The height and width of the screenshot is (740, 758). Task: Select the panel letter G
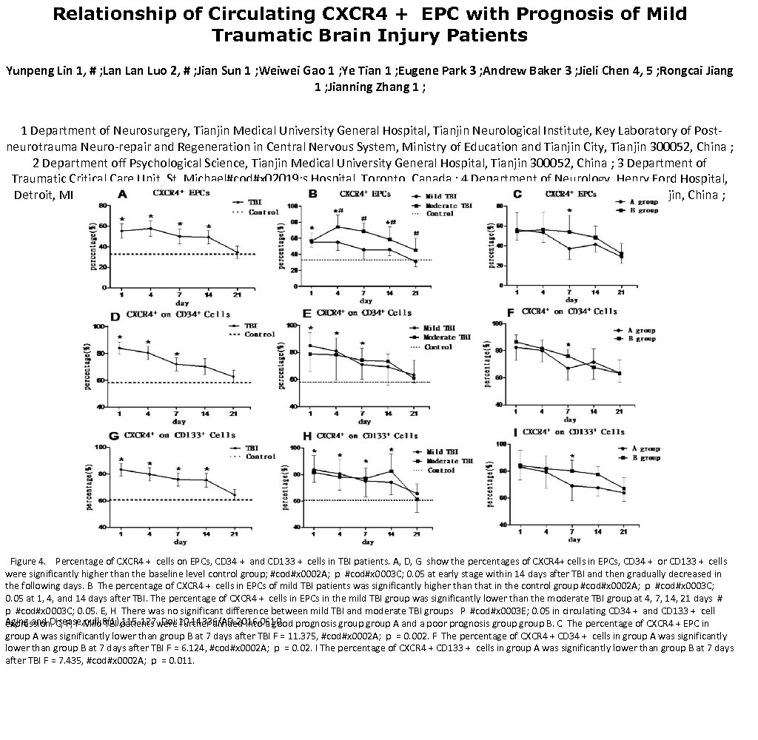(x=114, y=436)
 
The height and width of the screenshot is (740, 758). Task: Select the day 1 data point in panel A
(x=121, y=231)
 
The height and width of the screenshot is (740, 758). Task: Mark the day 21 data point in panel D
(x=235, y=377)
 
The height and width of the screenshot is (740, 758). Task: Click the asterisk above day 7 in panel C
(x=569, y=211)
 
